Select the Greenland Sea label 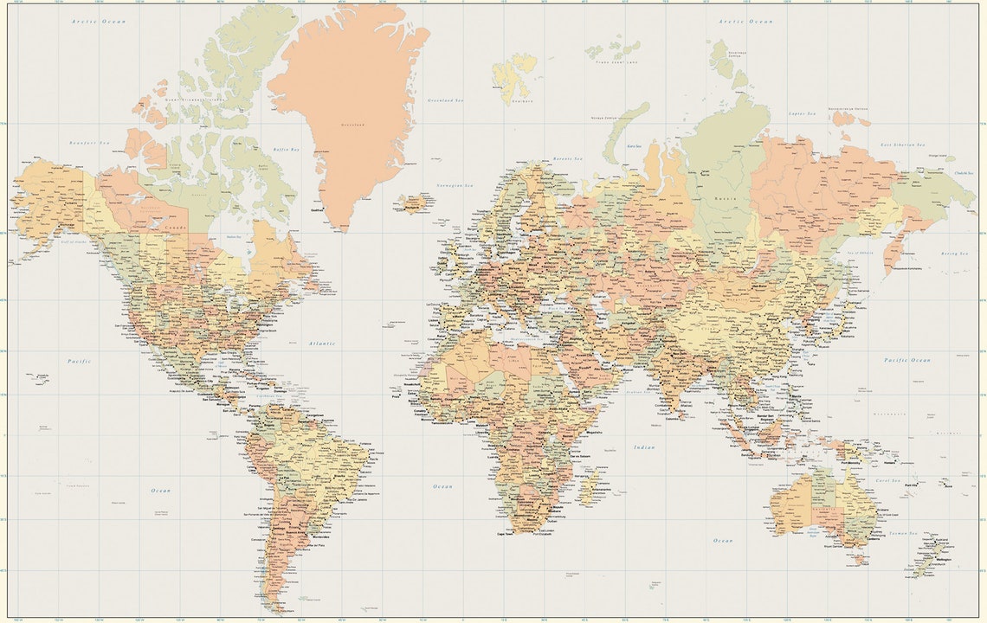[445, 100]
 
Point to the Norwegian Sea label [455, 185]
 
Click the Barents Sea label [567, 159]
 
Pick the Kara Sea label [635, 146]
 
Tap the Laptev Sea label [803, 113]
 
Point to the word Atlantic [321, 344]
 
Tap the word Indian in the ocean [643, 447]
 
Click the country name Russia [726, 197]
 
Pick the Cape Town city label [505, 534]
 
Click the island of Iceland [414, 204]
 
